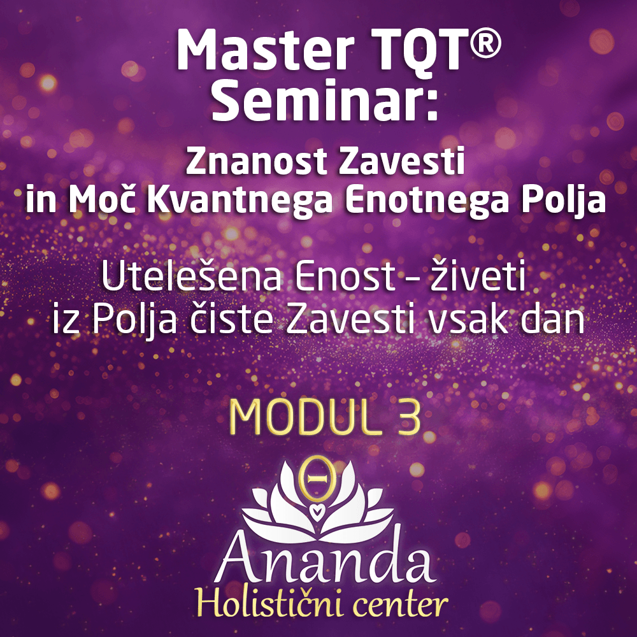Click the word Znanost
pos(257,162)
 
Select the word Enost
pos(346,277)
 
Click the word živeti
pos(478,275)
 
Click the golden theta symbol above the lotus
pos(317,478)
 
